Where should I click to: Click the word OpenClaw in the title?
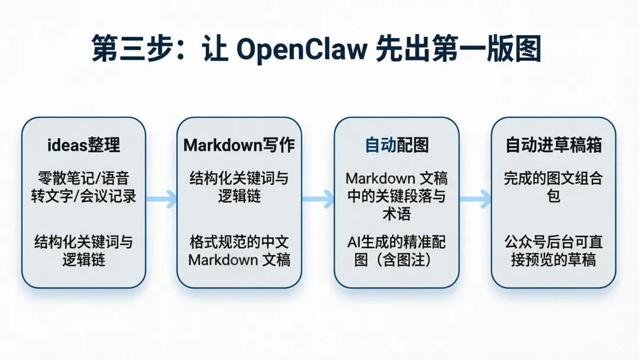click(x=302, y=49)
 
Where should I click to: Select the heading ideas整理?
click(x=83, y=144)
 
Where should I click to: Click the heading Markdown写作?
click(x=239, y=144)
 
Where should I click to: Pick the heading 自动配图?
click(x=396, y=144)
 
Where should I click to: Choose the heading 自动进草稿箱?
click(x=553, y=144)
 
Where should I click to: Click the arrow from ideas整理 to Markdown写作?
click(x=162, y=199)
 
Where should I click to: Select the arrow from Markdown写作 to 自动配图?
click(x=318, y=199)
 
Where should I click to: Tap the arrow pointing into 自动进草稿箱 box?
click(x=475, y=199)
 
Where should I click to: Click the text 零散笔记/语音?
click(x=83, y=178)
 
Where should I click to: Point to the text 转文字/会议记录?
click(x=83, y=196)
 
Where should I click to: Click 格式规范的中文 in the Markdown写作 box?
click(x=239, y=242)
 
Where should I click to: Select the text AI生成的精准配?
click(x=396, y=242)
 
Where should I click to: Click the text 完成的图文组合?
click(x=553, y=178)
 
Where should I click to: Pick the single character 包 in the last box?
click(x=553, y=196)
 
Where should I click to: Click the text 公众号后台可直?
click(x=553, y=242)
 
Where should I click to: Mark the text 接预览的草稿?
click(x=553, y=260)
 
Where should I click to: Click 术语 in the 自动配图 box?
click(x=396, y=214)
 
